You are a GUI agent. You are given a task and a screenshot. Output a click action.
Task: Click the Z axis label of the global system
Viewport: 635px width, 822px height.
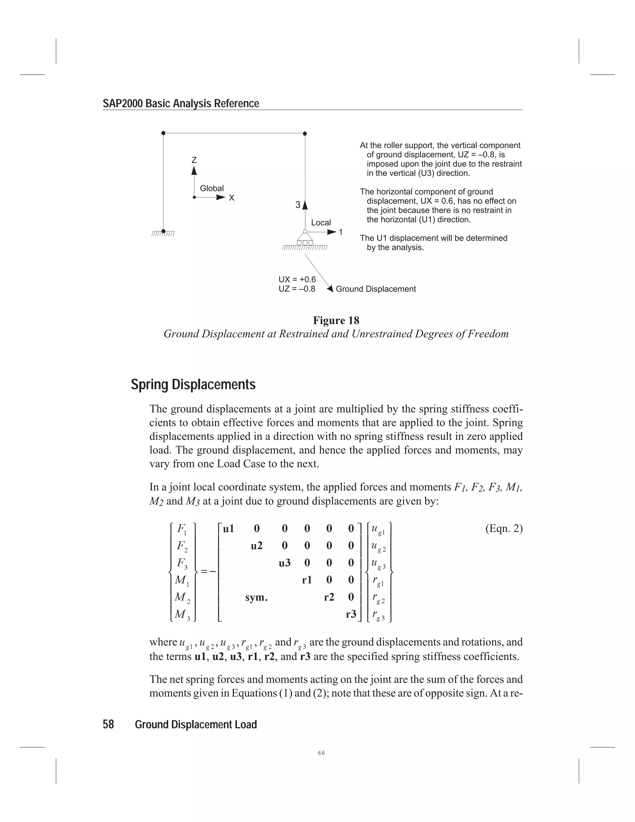point(194,160)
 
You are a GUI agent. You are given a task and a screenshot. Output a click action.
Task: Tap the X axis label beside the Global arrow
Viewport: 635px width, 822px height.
point(232,198)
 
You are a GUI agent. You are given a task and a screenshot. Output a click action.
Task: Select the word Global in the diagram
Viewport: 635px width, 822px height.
point(211,188)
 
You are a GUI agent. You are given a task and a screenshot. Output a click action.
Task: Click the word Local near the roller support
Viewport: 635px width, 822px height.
point(321,222)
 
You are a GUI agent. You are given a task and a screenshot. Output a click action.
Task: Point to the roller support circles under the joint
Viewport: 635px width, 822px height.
point(305,243)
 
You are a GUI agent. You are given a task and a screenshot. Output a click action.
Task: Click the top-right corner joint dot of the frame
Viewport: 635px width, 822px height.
point(305,133)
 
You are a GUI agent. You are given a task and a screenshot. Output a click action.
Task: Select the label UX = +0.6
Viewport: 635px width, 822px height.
point(297,280)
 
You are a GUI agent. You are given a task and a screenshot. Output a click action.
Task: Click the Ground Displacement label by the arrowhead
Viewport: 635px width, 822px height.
point(375,289)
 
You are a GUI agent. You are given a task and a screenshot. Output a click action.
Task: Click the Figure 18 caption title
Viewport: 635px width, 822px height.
point(336,321)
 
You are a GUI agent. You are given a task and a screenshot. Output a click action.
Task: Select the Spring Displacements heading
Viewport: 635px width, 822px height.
point(193,385)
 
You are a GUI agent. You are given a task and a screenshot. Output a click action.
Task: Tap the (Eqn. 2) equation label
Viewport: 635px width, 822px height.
point(504,529)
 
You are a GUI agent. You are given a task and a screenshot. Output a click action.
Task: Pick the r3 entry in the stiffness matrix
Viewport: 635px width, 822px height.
point(351,614)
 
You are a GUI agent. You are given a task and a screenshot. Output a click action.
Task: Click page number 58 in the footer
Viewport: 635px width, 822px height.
point(108,725)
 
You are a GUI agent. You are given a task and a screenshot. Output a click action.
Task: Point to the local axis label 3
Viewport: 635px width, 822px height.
point(298,205)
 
